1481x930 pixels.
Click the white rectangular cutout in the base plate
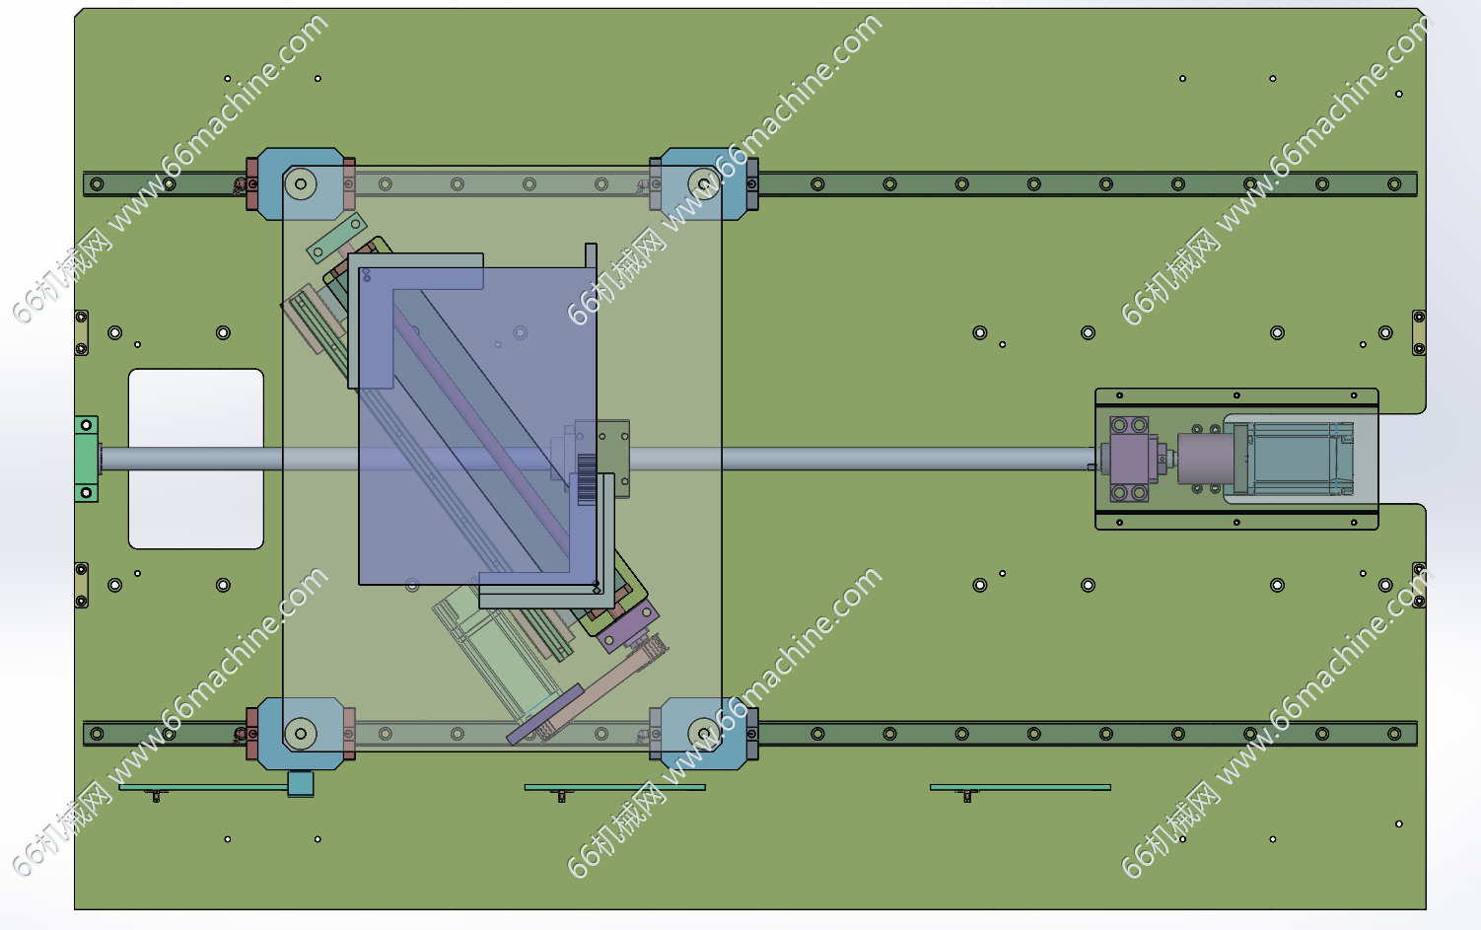coord(195,459)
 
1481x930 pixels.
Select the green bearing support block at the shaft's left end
coord(86,459)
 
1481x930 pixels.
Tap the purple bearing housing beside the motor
coord(1129,459)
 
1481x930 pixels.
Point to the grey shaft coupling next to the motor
coord(1206,459)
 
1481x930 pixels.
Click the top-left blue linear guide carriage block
coord(301,183)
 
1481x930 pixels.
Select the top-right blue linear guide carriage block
coord(703,183)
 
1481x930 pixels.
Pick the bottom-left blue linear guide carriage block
coord(301,734)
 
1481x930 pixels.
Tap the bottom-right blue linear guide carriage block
coord(703,734)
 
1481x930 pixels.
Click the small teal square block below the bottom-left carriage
coord(301,784)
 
